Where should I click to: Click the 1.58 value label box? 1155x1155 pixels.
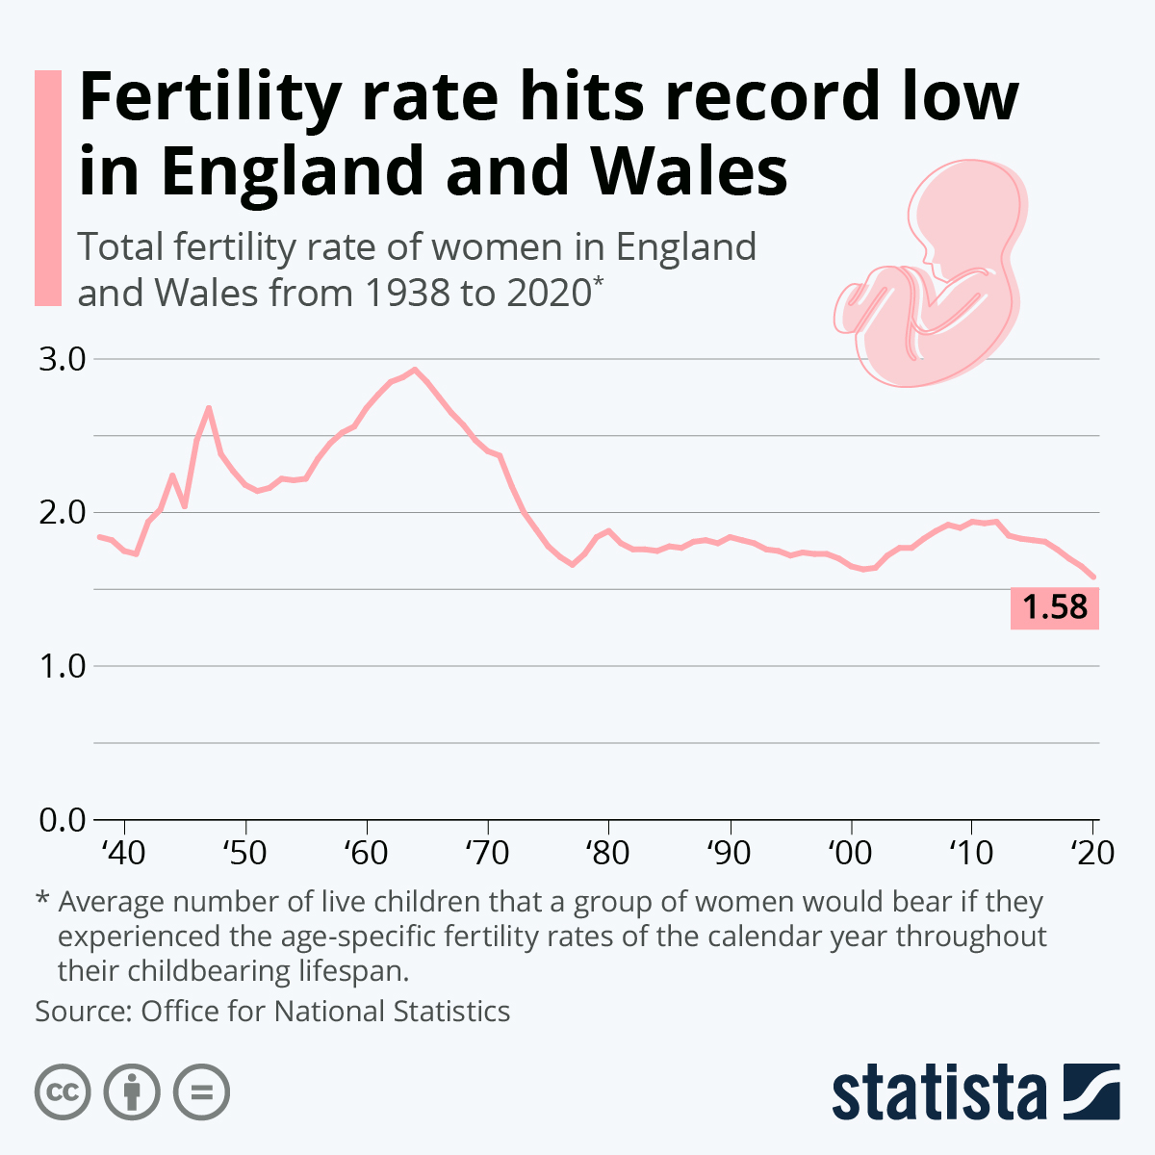(1054, 607)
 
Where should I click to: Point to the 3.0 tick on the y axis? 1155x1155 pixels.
(63, 359)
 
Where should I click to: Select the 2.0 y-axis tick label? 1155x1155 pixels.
(63, 512)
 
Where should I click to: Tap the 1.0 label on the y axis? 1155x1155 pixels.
(63, 666)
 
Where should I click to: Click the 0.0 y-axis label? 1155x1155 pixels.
(63, 820)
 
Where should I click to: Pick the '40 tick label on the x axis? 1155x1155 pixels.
(123, 853)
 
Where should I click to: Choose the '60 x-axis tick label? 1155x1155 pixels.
(366, 853)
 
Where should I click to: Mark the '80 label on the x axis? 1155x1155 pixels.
(607, 853)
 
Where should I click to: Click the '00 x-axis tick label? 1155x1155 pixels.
(850, 853)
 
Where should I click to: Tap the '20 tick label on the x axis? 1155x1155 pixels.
(1091, 853)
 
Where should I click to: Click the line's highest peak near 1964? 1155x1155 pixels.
(414, 369)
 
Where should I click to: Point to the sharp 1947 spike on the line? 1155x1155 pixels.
(209, 408)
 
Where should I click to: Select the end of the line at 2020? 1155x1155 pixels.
(1093, 577)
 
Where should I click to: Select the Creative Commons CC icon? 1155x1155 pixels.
(63, 1092)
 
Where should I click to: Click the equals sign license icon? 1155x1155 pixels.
(201, 1092)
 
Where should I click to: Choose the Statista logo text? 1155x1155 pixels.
(938, 1092)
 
